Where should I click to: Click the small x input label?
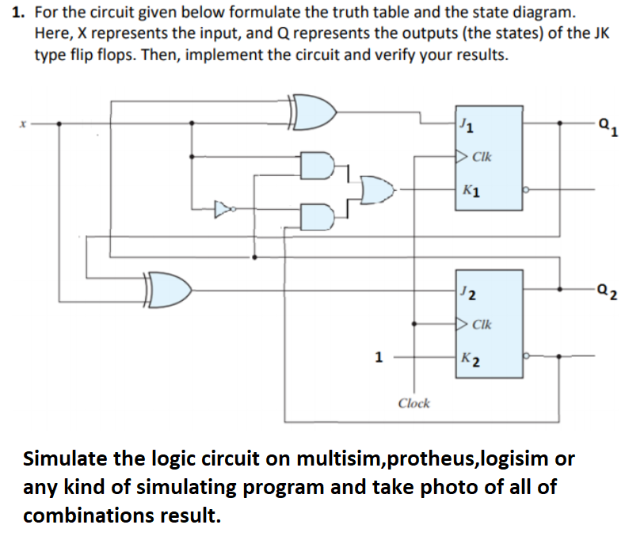click(x=24, y=124)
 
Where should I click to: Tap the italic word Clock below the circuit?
click(x=413, y=403)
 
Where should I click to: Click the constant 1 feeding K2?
click(x=379, y=356)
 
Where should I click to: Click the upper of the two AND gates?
click(x=318, y=164)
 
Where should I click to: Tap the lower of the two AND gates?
click(x=318, y=214)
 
